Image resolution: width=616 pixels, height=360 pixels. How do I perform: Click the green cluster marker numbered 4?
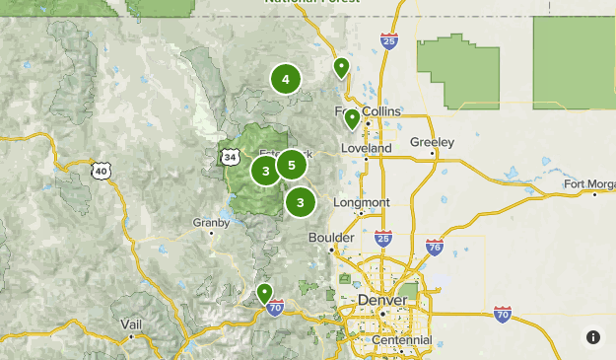tap(286, 79)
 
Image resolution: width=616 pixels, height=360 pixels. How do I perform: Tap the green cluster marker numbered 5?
tap(292, 165)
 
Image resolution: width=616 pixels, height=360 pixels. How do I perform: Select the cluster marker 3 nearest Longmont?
tap(300, 202)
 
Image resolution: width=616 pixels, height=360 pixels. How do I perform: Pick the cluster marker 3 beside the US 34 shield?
tap(265, 171)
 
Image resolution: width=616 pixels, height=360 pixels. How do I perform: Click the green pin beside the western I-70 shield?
tap(264, 293)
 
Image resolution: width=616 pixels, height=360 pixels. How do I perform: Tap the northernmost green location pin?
tap(341, 67)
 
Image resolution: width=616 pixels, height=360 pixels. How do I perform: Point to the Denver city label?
tap(382, 299)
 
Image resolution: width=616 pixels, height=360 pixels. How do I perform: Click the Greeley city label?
tap(432, 142)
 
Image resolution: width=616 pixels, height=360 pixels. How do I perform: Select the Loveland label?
tap(366, 148)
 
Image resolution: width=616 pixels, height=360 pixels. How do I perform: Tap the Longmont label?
tap(362, 202)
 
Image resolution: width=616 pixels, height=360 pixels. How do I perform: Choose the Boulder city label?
tap(330, 238)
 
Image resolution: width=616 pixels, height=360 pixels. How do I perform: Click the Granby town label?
tap(211, 223)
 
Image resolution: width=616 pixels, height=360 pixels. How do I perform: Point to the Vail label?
tap(131, 324)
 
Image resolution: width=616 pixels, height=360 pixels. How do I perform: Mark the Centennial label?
tap(401, 340)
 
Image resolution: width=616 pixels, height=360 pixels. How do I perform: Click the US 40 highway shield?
tap(102, 171)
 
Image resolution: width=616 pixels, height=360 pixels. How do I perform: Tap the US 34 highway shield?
tap(230, 157)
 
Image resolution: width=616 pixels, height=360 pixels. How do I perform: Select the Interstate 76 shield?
tap(435, 247)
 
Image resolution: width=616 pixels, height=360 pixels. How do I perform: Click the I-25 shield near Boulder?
tap(383, 240)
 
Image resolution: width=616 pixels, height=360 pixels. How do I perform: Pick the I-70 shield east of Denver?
tap(503, 315)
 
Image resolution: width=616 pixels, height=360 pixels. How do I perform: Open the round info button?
tap(593, 337)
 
